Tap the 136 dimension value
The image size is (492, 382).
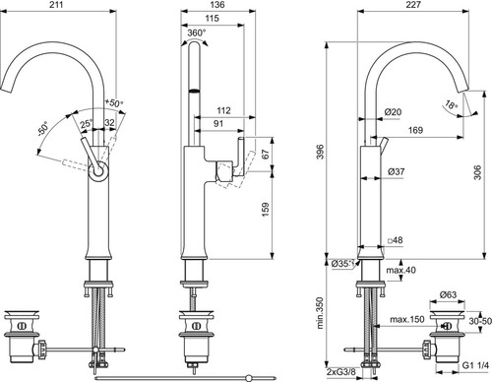217,5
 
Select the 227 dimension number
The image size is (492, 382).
412,5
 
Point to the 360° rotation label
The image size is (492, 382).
197,32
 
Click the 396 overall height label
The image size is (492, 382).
321,152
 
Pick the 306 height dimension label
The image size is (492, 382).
477,172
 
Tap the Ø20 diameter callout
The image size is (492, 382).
393,112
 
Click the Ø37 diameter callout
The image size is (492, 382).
396,171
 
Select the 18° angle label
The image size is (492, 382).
452,105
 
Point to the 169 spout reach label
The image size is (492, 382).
415,130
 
